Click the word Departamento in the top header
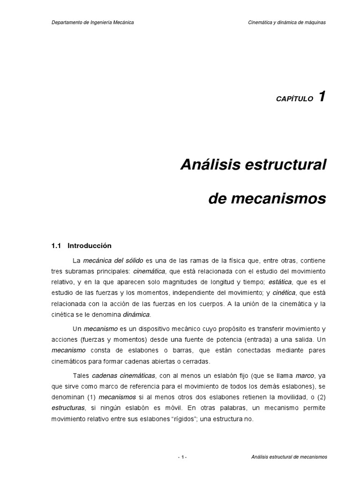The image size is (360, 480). coord(66,22)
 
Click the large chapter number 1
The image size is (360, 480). coord(322,97)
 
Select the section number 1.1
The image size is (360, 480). coord(56,245)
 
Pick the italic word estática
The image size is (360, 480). coord(279,282)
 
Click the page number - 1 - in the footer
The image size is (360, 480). coord(182,457)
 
